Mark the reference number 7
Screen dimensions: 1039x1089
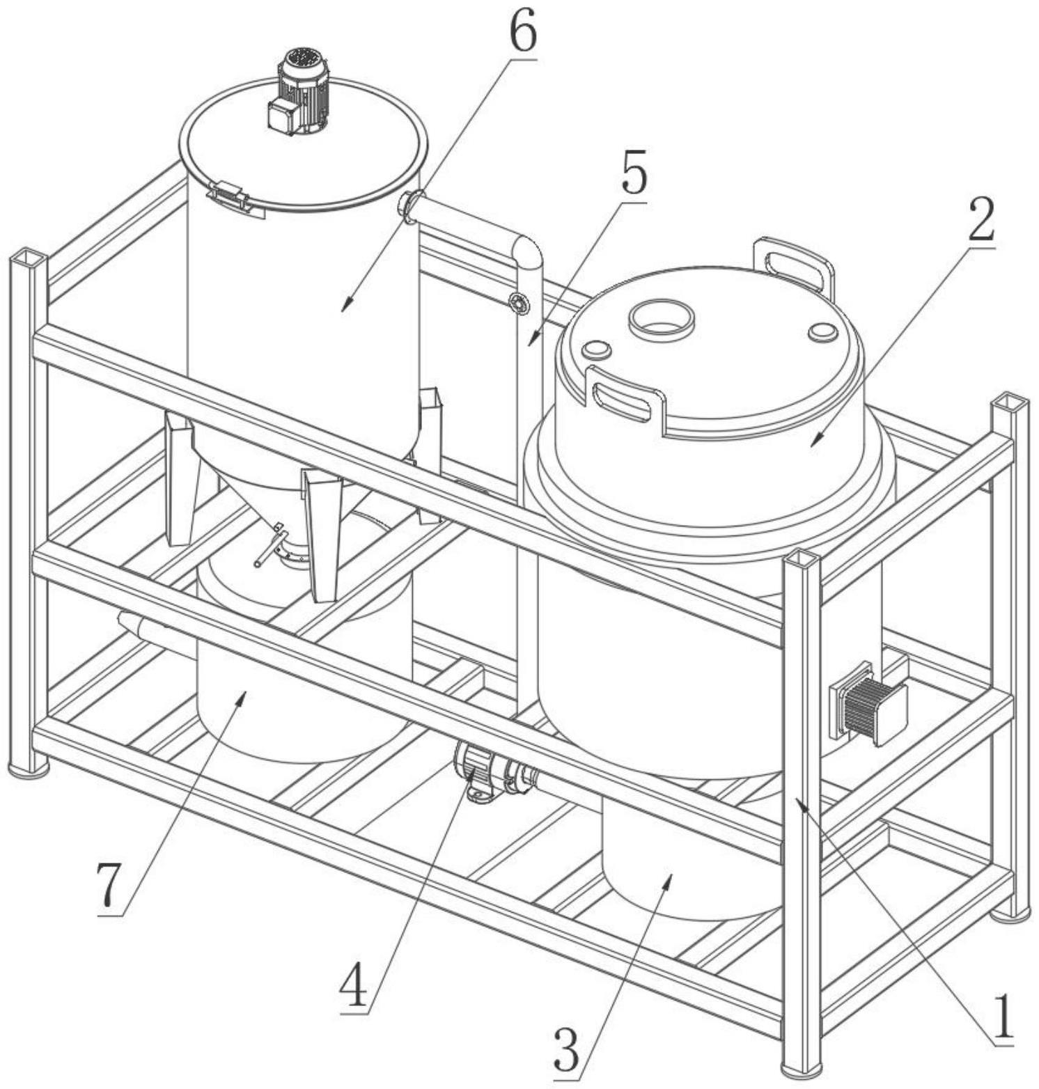[111, 886]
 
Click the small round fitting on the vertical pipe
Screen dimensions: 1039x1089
[517, 304]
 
